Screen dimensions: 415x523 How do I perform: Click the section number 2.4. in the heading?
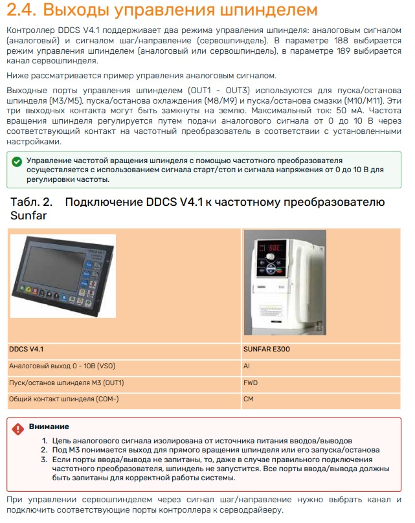[21, 10]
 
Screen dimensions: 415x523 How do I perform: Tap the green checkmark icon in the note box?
[17, 162]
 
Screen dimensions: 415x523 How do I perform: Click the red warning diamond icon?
[17, 429]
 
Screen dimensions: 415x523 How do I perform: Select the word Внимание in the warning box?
[49, 427]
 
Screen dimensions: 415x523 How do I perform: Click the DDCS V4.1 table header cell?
[124, 350]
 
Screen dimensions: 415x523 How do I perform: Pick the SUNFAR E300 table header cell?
[321, 350]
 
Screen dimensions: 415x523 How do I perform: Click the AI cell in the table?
[321, 366]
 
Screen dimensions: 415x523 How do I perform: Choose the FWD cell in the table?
[321, 383]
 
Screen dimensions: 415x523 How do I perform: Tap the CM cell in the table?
[321, 399]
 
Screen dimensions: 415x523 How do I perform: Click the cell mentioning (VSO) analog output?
[124, 366]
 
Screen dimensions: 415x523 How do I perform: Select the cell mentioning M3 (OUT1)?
[124, 383]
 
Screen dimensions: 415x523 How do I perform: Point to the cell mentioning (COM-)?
[124, 399]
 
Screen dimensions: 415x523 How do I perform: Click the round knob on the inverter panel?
[271, 258]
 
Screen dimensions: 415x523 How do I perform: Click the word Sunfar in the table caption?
[28, 216]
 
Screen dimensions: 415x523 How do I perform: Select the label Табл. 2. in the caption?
[31, 202]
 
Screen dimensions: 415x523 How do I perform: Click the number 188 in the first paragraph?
[341, 41]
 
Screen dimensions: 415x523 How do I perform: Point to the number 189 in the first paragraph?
[343, 51]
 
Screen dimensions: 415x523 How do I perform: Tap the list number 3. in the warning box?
[45, 460]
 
